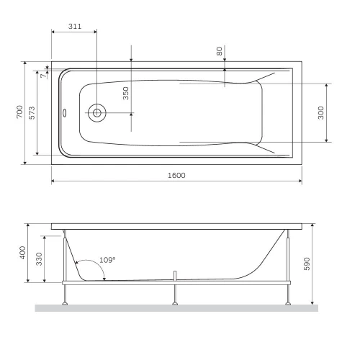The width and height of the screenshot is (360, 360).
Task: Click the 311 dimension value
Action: tap(74, 26)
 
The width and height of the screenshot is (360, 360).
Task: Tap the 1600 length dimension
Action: tap(176, 175)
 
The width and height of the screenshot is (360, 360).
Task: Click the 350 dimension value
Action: tap(125, 94)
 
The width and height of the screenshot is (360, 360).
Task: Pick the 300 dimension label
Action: tap(320, 113)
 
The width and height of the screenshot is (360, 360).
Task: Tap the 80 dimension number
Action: tap(219, 53)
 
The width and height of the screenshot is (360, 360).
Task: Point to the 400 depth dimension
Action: tap(23, 253)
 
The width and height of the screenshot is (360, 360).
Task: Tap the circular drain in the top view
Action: tap(96, 112)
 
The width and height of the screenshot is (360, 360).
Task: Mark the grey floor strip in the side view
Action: tap(176, 308)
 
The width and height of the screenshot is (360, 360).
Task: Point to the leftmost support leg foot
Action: tap(66, 302)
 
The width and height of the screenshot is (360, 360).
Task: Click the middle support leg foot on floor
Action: tap(175, 302)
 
